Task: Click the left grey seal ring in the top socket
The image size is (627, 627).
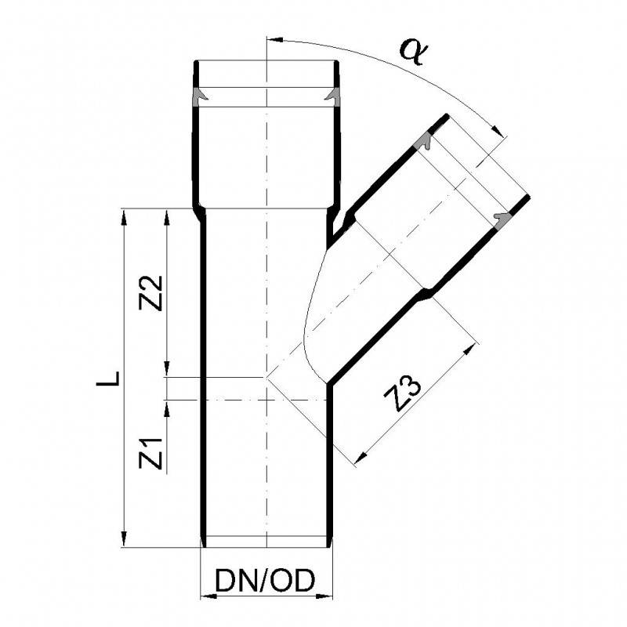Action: point(199,96)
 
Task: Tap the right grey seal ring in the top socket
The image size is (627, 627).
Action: point(333,96)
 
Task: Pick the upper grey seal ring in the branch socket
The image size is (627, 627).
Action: point(423,143)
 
